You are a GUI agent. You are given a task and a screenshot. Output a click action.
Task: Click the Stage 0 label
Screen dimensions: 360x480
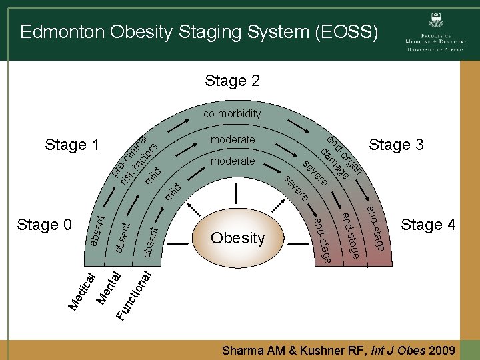[44, 225]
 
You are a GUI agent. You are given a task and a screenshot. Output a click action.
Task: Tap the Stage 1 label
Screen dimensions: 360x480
[71, 145]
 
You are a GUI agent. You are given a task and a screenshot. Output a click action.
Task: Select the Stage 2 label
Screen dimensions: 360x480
[232, 81]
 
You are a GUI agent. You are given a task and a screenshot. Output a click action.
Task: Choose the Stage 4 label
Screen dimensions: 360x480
[428, 225]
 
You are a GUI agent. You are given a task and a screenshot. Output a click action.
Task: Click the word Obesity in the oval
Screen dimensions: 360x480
[238, 238]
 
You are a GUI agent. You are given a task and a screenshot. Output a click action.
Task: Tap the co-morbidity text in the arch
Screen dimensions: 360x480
[232, 114]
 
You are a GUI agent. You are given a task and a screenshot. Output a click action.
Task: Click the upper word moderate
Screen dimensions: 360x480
[232, 140]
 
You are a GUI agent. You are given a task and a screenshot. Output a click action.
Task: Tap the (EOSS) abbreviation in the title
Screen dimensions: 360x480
[346, 31]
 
